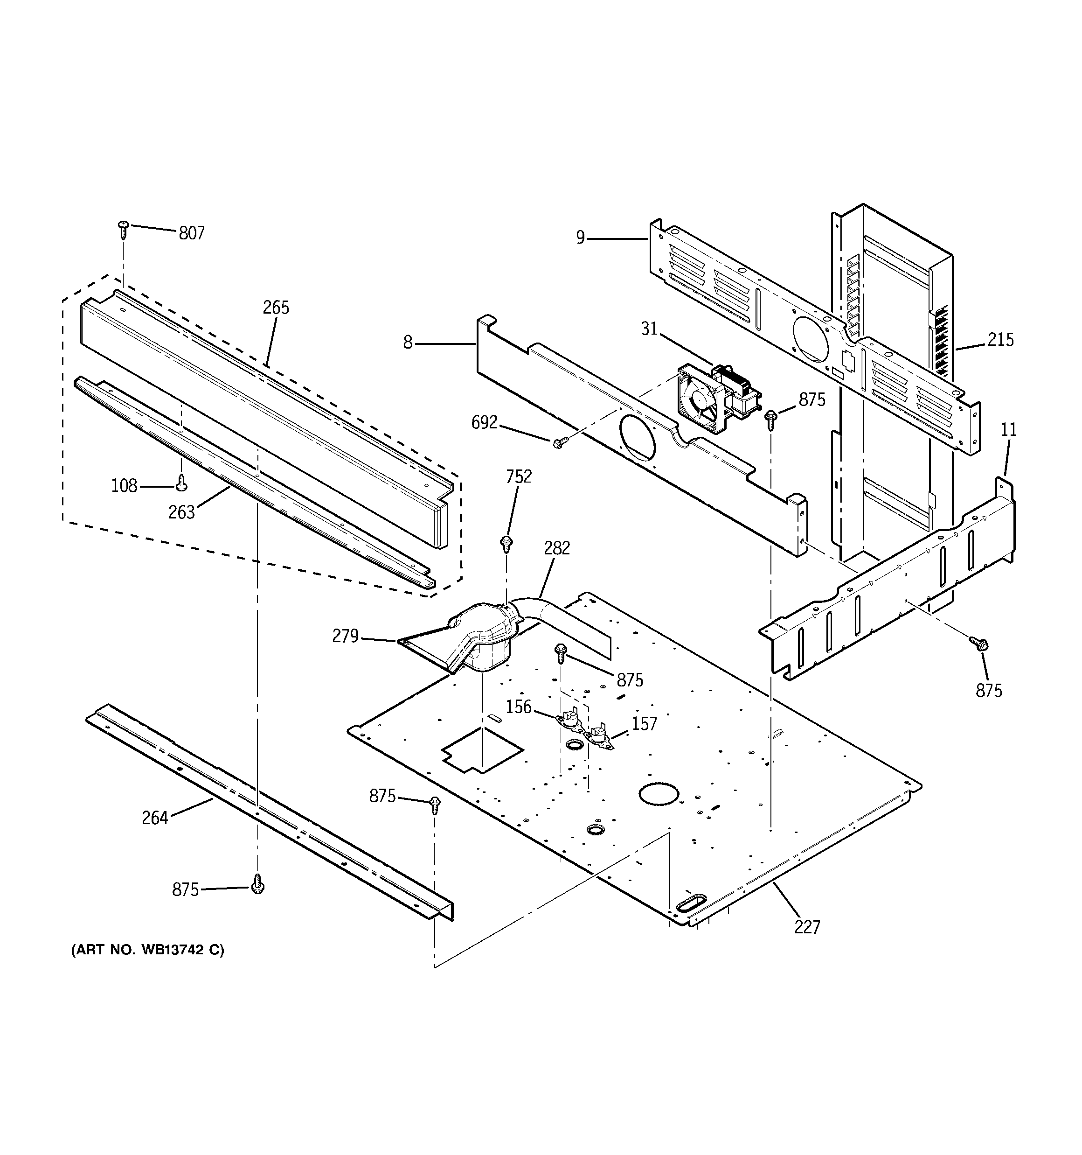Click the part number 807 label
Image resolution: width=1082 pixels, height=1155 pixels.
click(191, 233)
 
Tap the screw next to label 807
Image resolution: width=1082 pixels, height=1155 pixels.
click(123, 229)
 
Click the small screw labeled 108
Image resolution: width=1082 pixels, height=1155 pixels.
click(181, 481)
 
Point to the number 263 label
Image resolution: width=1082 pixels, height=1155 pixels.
click(181, 512)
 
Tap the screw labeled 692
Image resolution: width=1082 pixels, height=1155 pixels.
click(558, 443)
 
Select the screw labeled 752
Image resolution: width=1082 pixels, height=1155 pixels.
click(506, 543)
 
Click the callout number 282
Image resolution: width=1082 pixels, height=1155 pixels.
click(556, 548)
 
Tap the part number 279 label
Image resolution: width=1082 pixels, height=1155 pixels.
click(345, 636)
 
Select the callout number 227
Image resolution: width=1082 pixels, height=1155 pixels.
click(807, 927)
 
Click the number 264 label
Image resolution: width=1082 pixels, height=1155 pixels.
click(154, 818)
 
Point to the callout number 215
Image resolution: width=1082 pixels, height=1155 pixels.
click(1000, 340)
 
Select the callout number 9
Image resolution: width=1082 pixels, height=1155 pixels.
click(580, 238)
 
